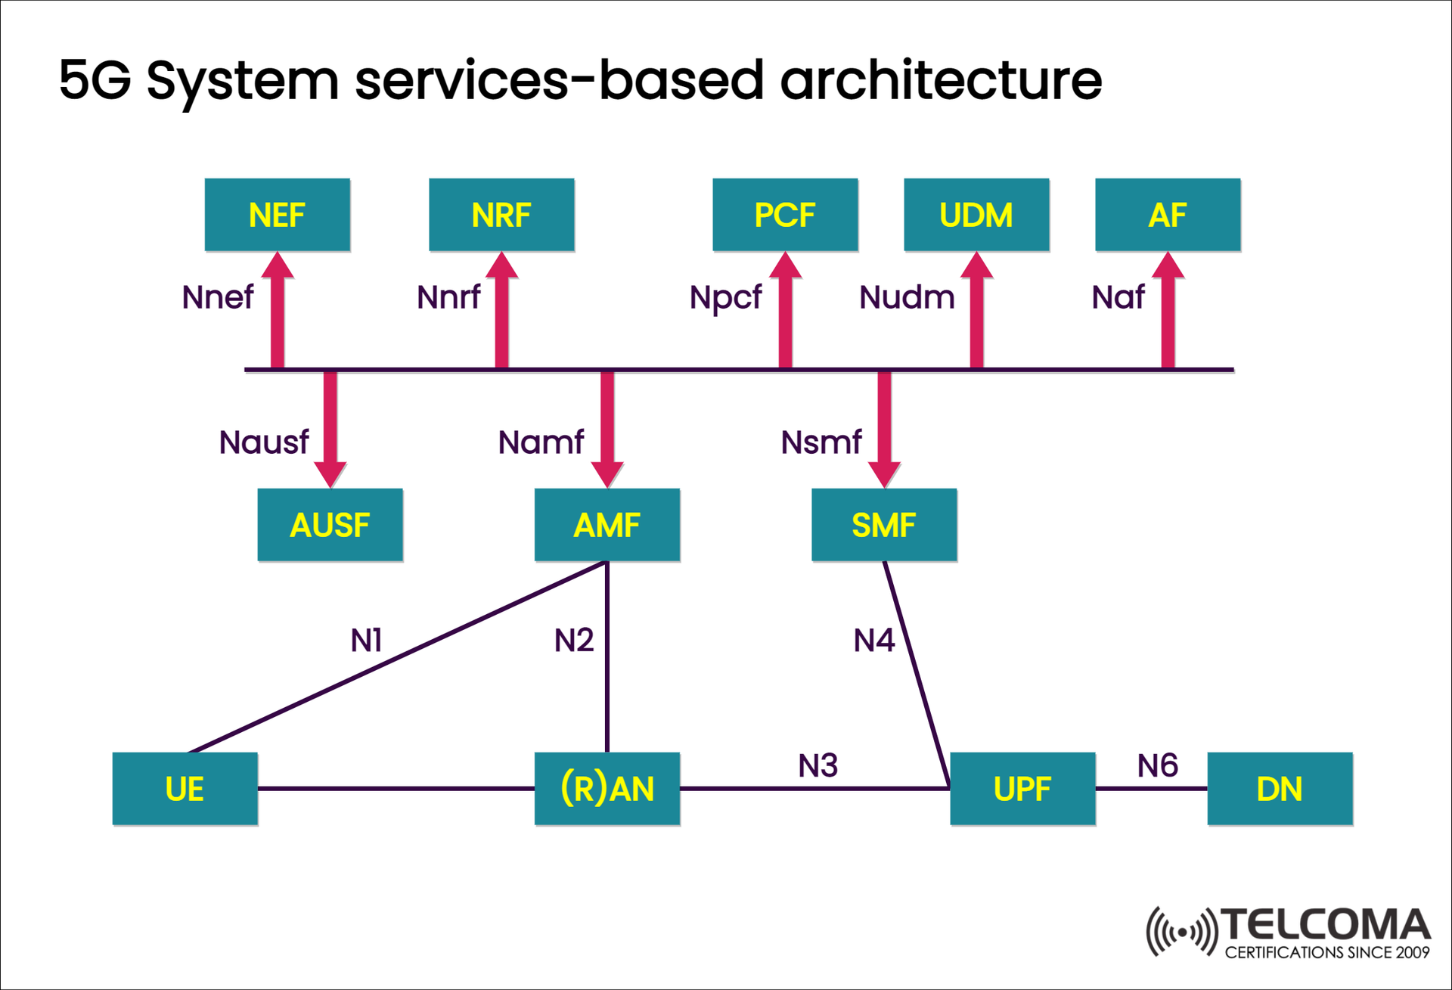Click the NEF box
(x=277, y=215)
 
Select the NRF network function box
(x=501, y=215)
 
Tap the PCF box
(x=785, y=215)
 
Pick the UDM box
(x=976, y=215)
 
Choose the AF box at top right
(x=1168, y=215)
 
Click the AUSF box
(x=330, y=525)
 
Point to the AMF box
(x=607, y=525)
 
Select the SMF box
(x=884, y=525)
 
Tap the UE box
(x=185, y=789)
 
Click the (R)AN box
(x=607, y=789)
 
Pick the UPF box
(x=1022, y=789)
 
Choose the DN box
(x=1280, y=789)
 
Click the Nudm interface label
(x=907, y=297)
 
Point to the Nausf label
(x=264, y=442)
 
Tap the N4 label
(x=873, y=641)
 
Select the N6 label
(x=1157, y=766)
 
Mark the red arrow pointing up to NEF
(x=278, y=310)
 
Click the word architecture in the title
(x=941, y=80)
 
